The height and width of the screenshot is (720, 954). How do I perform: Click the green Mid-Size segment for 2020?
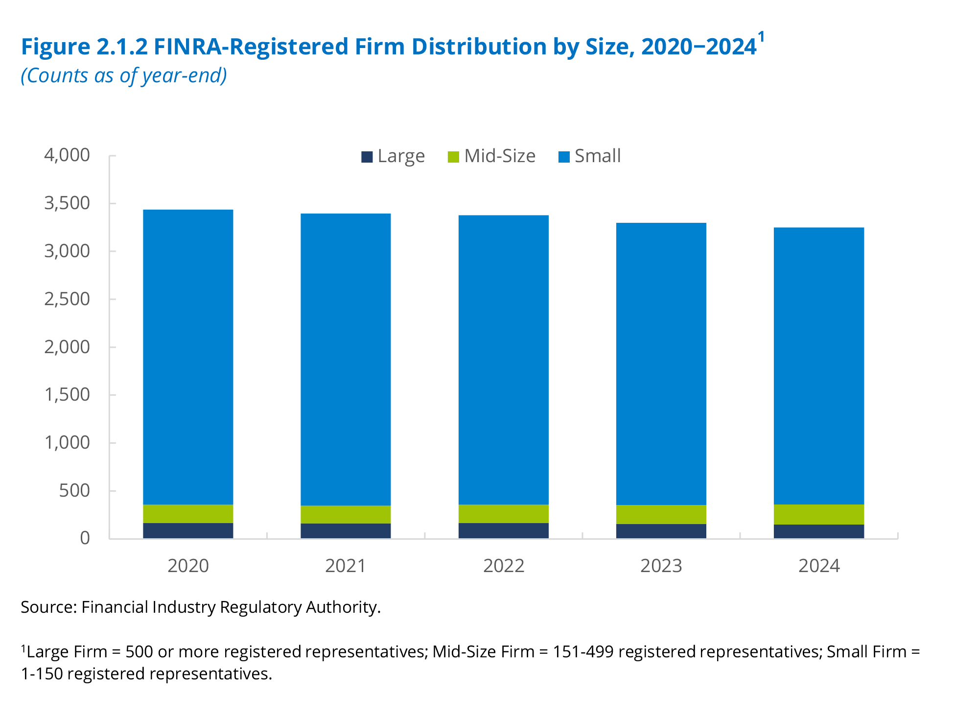click(188, 514)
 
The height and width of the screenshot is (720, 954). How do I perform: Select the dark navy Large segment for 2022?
click(503, 531)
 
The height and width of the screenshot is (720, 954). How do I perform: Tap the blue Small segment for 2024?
click(818, 365)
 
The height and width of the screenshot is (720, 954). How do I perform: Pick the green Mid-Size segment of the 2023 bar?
click(661, 514)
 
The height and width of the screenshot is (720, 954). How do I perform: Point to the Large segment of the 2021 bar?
click(346, 531)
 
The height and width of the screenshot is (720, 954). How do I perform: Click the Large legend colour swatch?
click(367, 157)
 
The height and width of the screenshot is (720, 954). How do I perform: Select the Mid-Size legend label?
click(500, 156)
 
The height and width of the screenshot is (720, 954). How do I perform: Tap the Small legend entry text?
click(597, 156)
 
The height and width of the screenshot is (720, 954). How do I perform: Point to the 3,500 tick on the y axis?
click(67, 203)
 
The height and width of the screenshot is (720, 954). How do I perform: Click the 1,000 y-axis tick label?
click(67, 443)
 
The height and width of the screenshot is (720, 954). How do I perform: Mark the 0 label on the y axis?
click(85, 538)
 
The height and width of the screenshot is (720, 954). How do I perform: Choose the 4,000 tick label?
click(67, 155)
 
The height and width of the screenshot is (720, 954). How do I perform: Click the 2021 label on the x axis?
click(346, 566)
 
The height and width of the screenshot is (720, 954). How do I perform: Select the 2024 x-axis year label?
click(819, 566)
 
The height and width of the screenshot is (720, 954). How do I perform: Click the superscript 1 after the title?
click(761, 37)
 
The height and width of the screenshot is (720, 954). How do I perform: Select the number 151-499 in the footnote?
click(583, 652)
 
